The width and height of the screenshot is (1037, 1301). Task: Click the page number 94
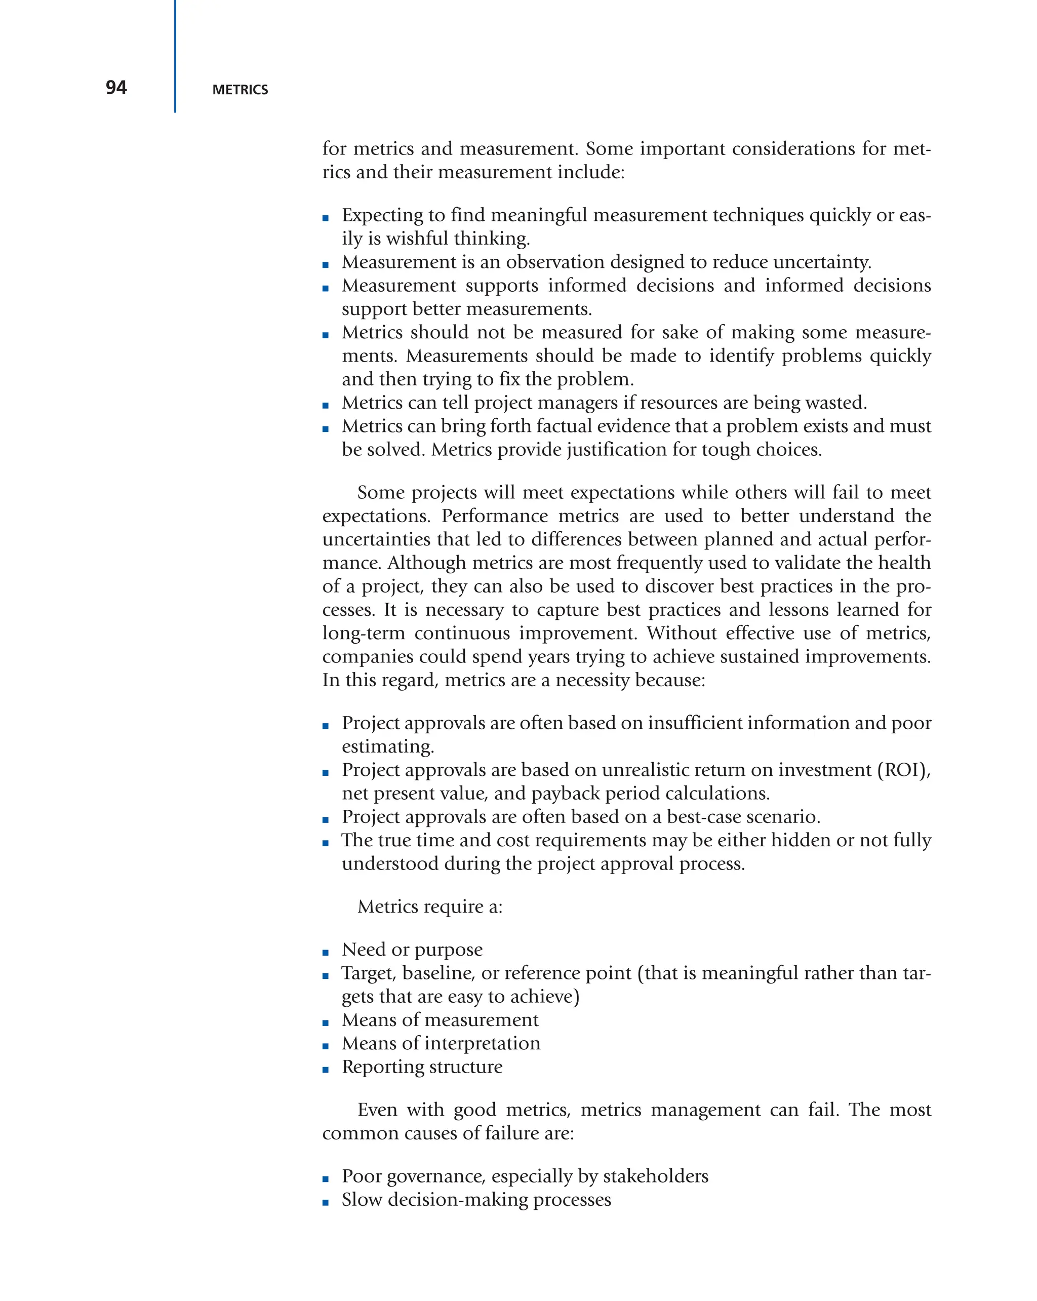coord(116,88)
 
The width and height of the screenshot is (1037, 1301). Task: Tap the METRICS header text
coord(240,90)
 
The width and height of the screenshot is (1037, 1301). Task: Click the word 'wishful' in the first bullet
coord(417,239)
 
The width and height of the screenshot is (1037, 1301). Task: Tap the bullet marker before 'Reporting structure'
coord(326,1071)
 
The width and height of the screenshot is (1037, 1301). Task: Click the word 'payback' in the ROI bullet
coord(564,794)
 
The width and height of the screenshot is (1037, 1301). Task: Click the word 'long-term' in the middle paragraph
coord(364,634)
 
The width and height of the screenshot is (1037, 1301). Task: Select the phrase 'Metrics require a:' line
coord(429,907)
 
